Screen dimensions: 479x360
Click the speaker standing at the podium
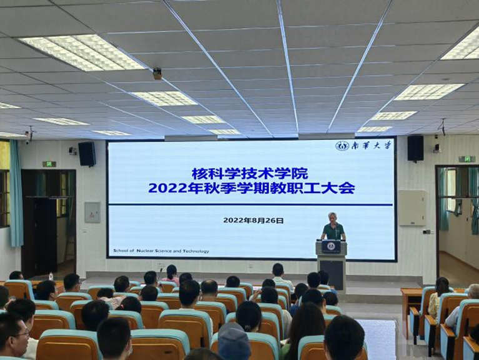pyautogui.click(x=333, y=227)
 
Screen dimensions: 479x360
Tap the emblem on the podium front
pyautogui.click(x=330, y=246)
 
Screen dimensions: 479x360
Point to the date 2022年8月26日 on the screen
pyautogui.click(x=254, y=221)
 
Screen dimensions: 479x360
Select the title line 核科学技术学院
pyautogui.click(x=250, y=174)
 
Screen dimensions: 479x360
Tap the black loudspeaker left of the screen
pyautogui.click(x=87, y=154)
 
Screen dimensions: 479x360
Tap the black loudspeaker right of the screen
pyautogui.click(x=415, y=148)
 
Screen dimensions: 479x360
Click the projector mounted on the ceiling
pyautogui.click(x=157, y=73)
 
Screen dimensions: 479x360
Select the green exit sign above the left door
pyautogui.click(x=49, y=164)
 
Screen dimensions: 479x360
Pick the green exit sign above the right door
pyautogui.click(x=467, y=159)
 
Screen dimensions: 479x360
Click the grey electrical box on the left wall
pyautogui.click(x=92, y=212)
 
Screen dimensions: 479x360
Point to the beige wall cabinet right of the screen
pyautogui.click(x=412, y=208)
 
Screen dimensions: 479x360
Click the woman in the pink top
pyautogui.click(x=171, y=275)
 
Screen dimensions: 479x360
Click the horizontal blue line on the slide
pyautogui.click(x=250, y=204)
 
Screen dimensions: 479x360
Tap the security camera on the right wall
pyautogui.click(x=437, y=149)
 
